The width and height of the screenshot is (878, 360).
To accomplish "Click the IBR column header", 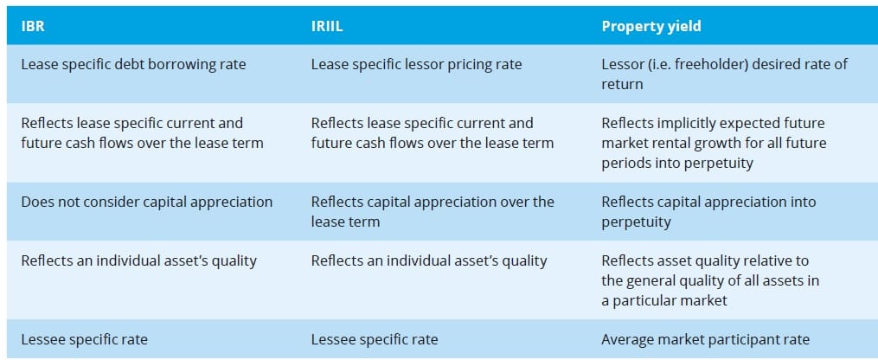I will pyautogui.click(x=33, y=26).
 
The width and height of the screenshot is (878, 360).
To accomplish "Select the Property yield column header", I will pyautogui.click(x=651, y=26).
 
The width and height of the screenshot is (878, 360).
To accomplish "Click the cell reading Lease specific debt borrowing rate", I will pyautogui.click(x=133, y=64).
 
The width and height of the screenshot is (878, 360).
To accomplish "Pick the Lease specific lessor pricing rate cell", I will pyautogui.click(x=416, y=64).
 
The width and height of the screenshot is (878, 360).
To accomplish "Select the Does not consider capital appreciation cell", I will pyautogui.click(x=146, y=202).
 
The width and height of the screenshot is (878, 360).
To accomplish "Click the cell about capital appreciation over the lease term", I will pyautogui.click(x=433, y=210).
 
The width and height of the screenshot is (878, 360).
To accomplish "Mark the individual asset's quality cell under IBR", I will pyautogui.click(x=138, y=260).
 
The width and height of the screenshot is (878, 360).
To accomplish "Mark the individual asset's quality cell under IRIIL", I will pyautogui.click(x=429, y=260).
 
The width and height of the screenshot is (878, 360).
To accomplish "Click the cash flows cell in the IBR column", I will pyautogui.click(x=131, y=132).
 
